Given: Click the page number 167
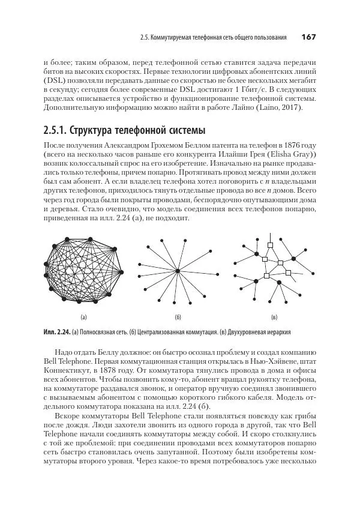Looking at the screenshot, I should (308, 37).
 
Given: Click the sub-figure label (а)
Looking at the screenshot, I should (84, 316).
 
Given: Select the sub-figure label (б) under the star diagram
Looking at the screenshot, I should (178, 316).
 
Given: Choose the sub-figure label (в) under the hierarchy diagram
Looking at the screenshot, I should (274, 316).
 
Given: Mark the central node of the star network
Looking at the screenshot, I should (178, 272).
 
